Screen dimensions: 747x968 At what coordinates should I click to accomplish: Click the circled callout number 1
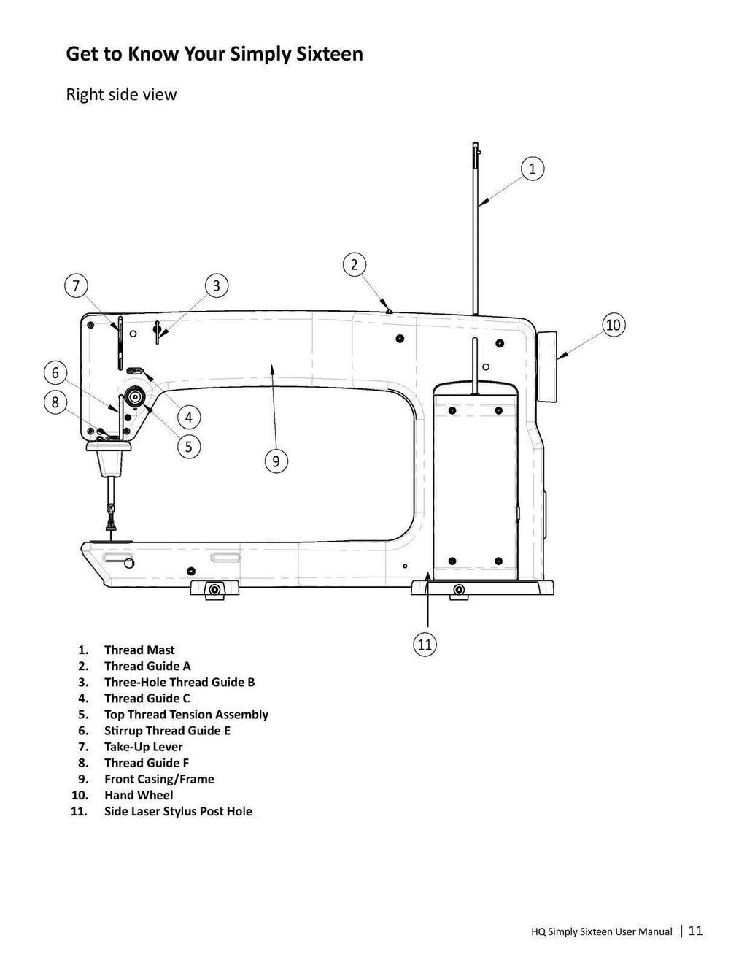click(532, 169)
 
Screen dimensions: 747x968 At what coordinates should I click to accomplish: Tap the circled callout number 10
click(614, 325)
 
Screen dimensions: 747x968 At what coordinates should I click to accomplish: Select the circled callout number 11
click(425, 645)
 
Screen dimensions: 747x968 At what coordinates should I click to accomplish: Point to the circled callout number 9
click(276, 461)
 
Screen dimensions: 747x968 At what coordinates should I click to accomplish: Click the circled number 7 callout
click(76, 285)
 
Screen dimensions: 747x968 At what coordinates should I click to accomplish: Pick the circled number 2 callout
click(355, 264)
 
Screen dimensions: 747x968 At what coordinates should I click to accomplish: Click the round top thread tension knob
click(133, 396)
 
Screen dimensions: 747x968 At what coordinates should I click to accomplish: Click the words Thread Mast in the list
click(139, 650)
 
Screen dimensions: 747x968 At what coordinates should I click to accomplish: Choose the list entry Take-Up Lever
click(144, 747)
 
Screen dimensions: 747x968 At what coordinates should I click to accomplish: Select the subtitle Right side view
click(121, 94)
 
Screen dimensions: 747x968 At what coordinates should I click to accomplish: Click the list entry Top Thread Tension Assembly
click(186, 715)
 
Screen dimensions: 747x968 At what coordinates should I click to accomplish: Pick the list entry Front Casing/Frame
click(159, 779)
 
